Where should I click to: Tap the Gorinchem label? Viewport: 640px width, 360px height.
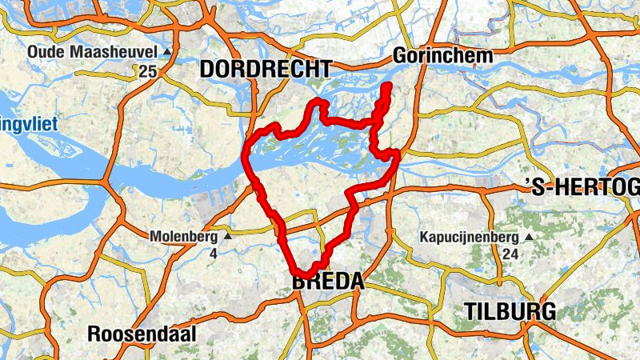pyautogui.click(x=442, y=56)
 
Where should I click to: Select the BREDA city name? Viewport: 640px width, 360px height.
pyautogui.click(x=328, y=282)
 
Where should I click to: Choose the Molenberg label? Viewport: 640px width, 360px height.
pyautogui.click(x=184, y=237)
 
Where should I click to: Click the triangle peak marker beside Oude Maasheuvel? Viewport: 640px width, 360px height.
pyautogui.click(x=167, y=52)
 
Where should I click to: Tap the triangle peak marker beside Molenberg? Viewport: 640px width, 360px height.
pyautogui.click(x=227, y=237)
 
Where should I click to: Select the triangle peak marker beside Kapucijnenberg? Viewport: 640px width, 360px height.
pyautogui.click(x=528, y=237)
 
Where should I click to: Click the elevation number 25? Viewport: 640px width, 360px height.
pyautogui.click(x=146, y=72)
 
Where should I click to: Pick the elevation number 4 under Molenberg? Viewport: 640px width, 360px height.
pyautogui.click(x=214, y=254)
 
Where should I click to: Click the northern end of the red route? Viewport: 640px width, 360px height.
pyautogui.click(x=389, y=85)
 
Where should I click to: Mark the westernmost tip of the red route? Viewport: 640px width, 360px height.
pyautogui.click(x=244, y=154)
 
